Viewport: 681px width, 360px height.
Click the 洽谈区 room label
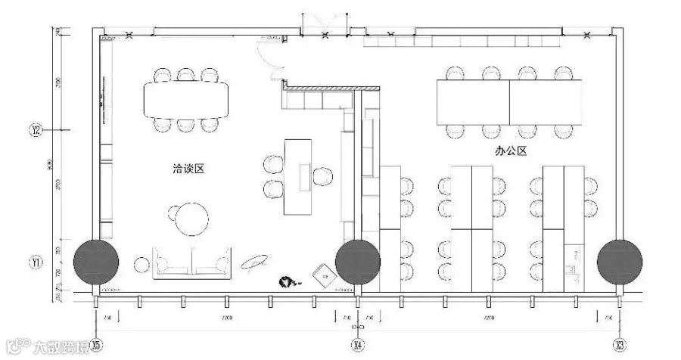pos(188,169)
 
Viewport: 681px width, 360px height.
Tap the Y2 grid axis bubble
pos(36,131)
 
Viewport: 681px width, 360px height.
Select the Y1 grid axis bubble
pos(36,263)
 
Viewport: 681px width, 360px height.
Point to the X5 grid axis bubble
pos(95,345)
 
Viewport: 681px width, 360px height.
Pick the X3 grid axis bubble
pos(620,345)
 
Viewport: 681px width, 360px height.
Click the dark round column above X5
pos(95,262)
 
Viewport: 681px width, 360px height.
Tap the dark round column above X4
pos(358,262)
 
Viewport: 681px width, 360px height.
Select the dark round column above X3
pos(620,262)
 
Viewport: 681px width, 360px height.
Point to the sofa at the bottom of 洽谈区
pos(192,262)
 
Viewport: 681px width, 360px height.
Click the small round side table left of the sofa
pos(142,264)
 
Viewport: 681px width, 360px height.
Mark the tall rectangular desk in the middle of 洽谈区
pos(298,175)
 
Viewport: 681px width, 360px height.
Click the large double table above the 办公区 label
pos(510,102)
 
